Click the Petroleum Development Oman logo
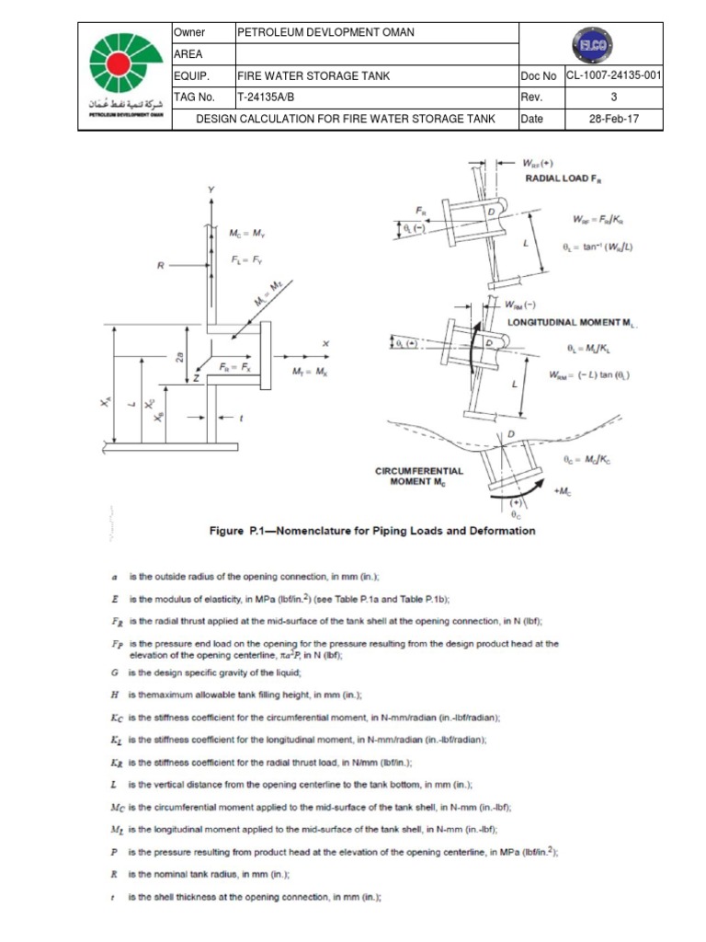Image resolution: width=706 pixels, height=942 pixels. click(x=125, y=75)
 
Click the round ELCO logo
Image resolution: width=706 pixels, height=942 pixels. click(x=589, y=45)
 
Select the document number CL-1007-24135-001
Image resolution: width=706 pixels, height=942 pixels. click(x=613, y=76)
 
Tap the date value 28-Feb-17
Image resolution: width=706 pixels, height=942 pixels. click(x=613, y=119)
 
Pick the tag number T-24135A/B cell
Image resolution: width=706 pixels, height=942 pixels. click(x=268, y=98)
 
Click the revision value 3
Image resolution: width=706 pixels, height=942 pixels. click(x=613, y=98)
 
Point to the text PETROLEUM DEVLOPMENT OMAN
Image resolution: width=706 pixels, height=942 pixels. click(x=325, y=33)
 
